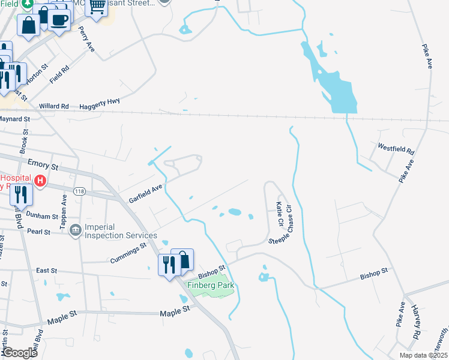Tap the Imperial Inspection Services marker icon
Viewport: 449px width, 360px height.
click(x=76, y=230)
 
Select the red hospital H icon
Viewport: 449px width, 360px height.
click(x=40, y=181)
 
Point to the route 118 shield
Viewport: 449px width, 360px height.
click(x=80, y=191)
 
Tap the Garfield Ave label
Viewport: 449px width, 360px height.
click(x=146, y=192)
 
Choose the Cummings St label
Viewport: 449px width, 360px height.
click(x=128, y=253)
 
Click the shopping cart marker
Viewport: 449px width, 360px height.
click(x=96, y=7)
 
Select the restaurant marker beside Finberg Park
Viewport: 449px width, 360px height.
click(x=167, y=264)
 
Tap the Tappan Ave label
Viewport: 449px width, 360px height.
click(x=64, y=210)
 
